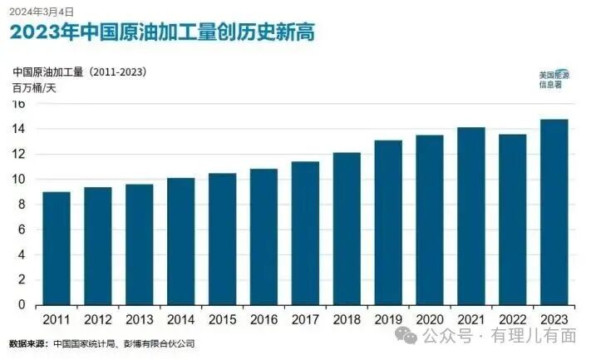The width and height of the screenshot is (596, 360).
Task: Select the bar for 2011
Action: pyautogui.click(x=56, y=249)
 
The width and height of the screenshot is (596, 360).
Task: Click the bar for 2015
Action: pyautogui.click(x=222, y=239)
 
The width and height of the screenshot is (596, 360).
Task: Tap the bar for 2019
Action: pyautogui.click(x=388, y=223)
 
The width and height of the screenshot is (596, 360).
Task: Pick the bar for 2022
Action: pyautogui.click(x=513, y=219)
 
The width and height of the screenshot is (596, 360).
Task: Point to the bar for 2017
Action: pyautogui.click(x=305, y=234)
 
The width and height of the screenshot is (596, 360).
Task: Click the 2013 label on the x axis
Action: pyautogui.click(x=139, y=319)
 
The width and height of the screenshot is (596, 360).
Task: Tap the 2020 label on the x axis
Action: pyautogui.click(x=430, y=319)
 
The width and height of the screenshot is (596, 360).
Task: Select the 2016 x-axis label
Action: pyautogui.click(x=264, y=319)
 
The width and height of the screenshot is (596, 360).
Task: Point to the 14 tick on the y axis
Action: pyautogui.click(x=17, y=129)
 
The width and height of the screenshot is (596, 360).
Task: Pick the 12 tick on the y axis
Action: pyautogui.click(x=17, y=154)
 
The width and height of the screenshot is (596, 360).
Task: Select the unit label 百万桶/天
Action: pyautogui.click(x=34, y=87)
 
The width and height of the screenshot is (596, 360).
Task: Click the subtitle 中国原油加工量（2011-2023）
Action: pyautogui.click(x=80, y=72)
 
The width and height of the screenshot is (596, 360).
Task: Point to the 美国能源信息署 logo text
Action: pyautogui.click(x=549, y=79)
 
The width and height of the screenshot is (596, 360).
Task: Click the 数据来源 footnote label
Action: pyautogui.click(x=27, y=343)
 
